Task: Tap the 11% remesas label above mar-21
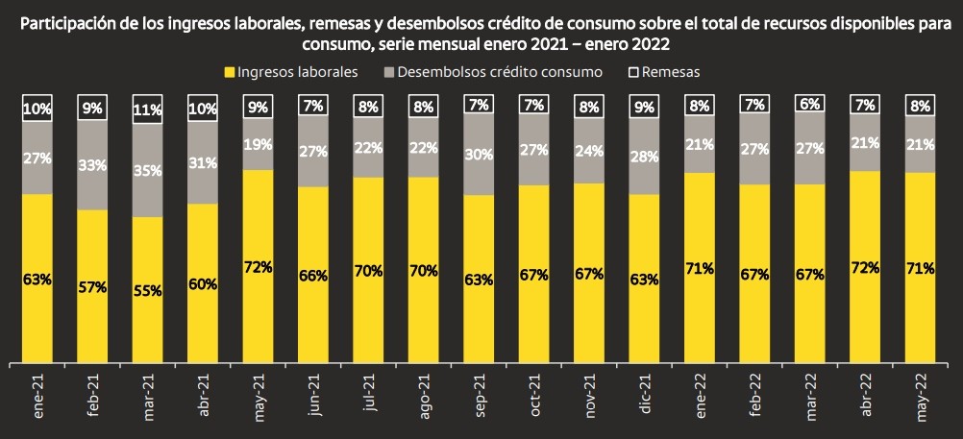pos(147,109)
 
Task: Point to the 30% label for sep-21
pos(479,154)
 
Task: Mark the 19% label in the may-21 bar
pos(258,144)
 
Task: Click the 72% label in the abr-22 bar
pos(865,267)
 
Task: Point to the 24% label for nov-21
pos(589,149)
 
